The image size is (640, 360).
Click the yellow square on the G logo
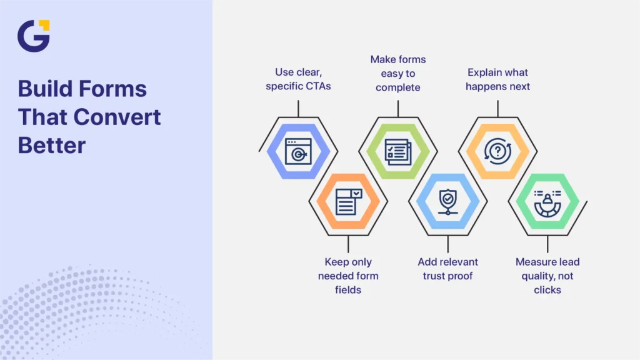point(44,25)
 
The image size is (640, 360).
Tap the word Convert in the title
point(117,117)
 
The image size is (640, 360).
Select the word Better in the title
point(52,145)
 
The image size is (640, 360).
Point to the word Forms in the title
point(112,89)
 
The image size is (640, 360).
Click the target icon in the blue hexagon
point(298,151)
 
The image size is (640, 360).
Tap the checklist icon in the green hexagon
point(398,152)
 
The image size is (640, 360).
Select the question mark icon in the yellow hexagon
point(497,151)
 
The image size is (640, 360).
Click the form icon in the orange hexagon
point(348,202)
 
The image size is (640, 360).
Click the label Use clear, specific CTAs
point(298,79)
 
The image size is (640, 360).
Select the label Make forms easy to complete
point(398,74)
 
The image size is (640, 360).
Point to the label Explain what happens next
point(497,79)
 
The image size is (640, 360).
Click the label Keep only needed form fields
point(348,276)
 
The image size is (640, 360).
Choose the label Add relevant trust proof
point(447,269)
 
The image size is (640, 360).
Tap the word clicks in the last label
point(547,290)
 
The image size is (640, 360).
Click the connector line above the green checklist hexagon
point(398,109)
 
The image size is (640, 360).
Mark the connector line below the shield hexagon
point(447,244)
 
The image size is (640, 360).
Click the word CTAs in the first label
point(317,86)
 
